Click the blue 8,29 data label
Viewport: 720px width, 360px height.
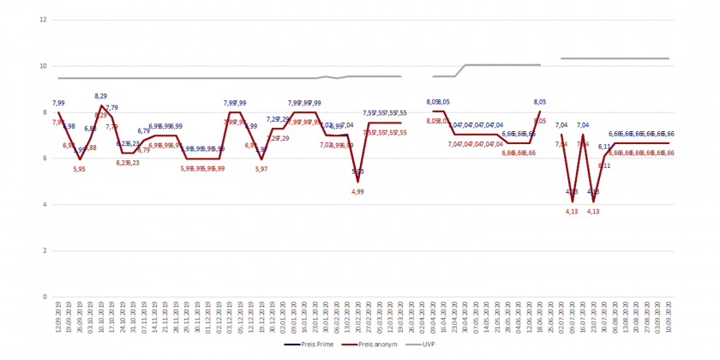click(101, 96)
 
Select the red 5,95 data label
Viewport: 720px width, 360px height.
click(80, 169)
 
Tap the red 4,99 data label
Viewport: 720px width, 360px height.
click(358, 192)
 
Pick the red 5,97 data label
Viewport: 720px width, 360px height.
click(261, 169)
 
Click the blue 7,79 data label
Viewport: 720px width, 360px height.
click(112, 108)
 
